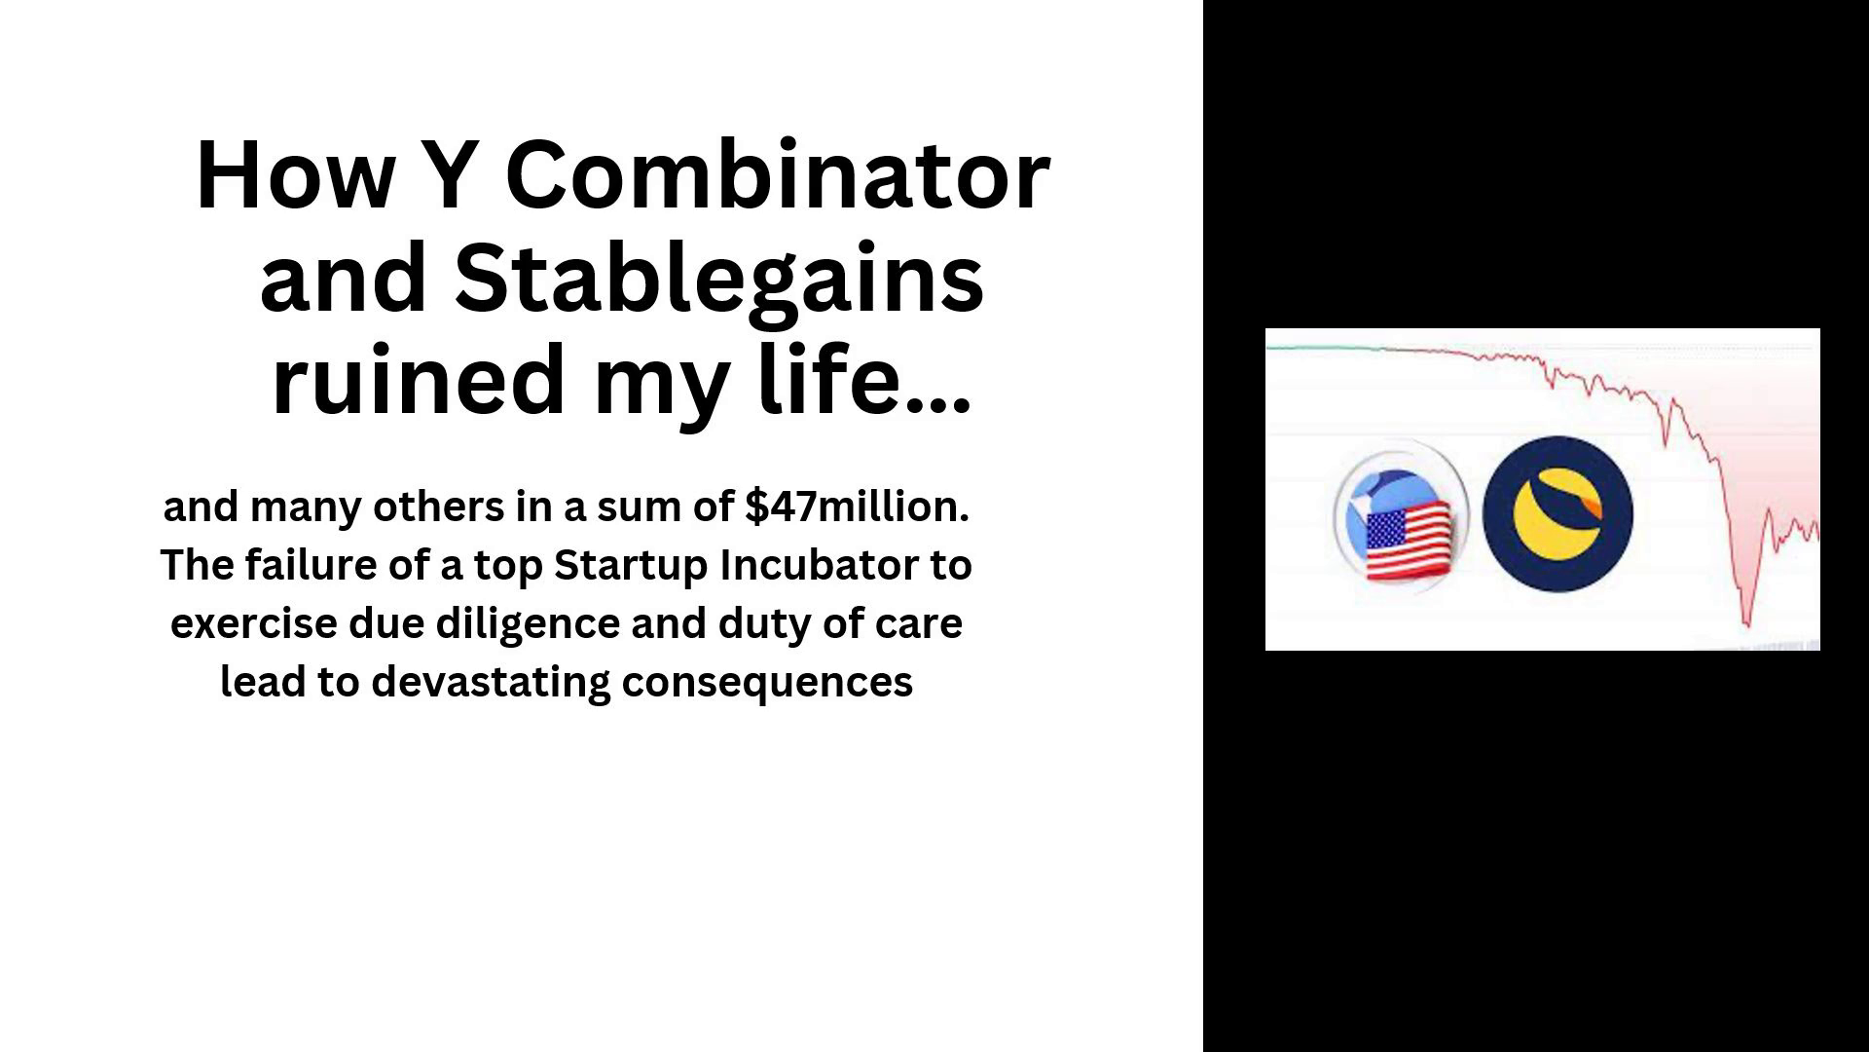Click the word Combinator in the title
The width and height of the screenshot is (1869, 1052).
(778, 176)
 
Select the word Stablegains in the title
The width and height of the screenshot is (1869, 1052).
(719, 280)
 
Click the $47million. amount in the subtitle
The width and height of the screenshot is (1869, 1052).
(857, 507)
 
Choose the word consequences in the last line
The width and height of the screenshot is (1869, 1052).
(767, 683)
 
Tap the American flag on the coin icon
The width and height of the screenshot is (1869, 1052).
(1408, 542)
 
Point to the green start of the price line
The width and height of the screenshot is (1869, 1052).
(1323, 348)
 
